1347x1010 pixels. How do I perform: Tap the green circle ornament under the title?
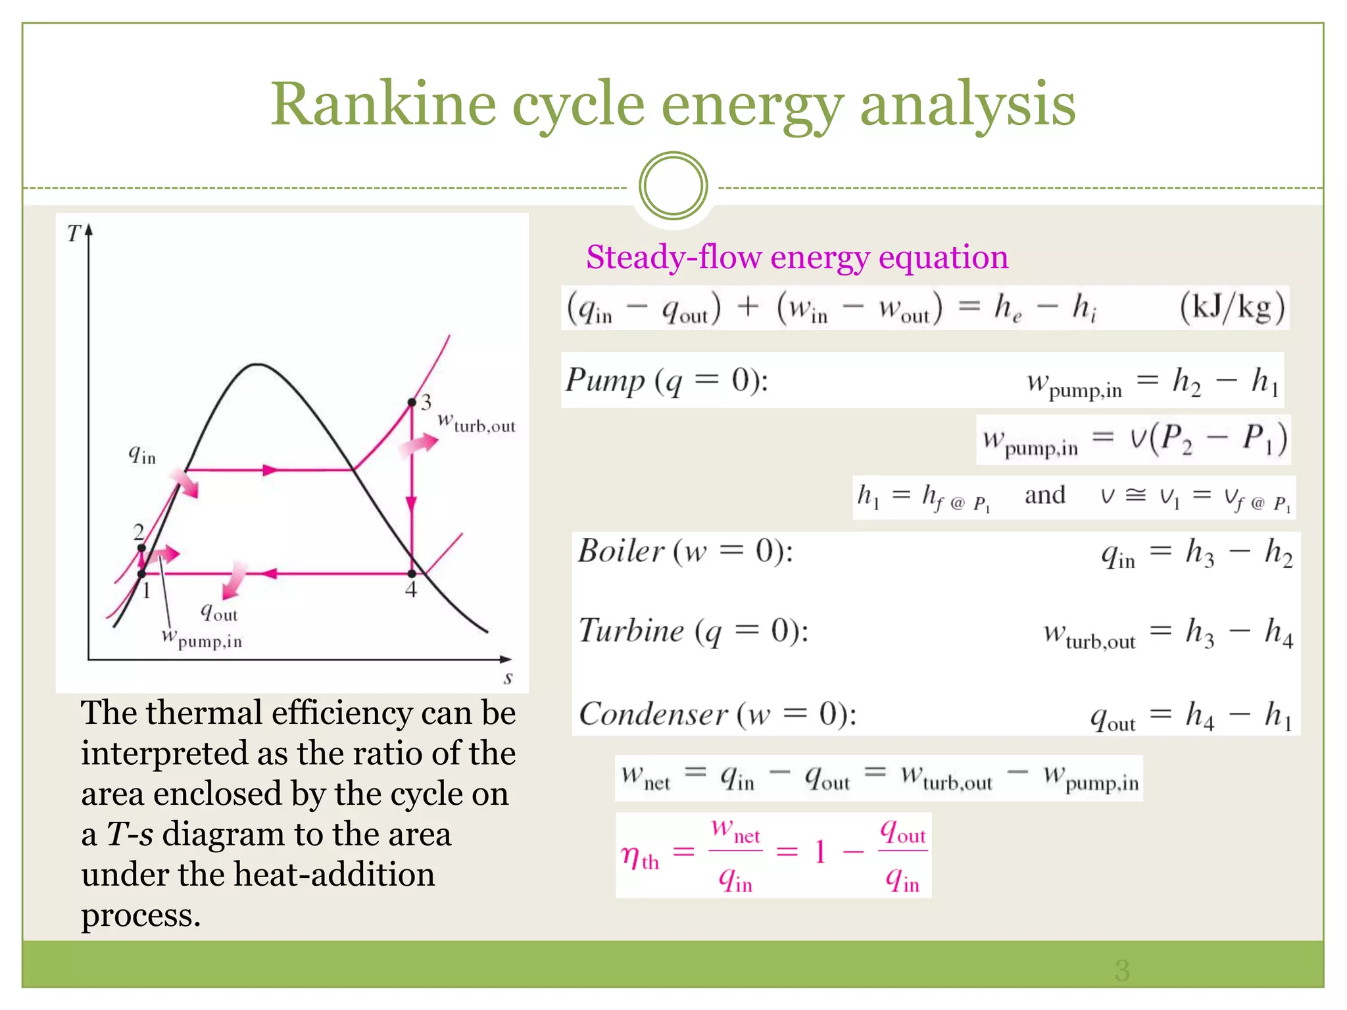click(673, 186)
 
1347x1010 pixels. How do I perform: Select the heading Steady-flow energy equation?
click(797, 256)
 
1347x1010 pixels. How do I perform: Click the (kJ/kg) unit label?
click(1231, 307)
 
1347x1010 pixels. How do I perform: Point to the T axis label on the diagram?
click(74, 233)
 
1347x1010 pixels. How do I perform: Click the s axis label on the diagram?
click(508, 677)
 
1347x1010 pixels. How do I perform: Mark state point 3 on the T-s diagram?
click(412, 402)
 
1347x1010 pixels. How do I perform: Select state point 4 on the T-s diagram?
click(412, 574)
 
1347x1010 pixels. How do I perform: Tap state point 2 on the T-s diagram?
click(141, 548)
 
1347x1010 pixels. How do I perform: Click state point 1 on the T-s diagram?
click(141, 574)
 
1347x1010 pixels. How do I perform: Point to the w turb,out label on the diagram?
click(476, 423)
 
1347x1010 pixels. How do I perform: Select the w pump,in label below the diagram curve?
click(202, 638)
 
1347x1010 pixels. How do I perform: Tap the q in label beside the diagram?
click(142, 454)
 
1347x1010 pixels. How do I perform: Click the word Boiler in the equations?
click(621, 551)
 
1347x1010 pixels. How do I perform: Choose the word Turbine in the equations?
click(631, 631)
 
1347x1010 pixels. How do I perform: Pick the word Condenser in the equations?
click(653, 714)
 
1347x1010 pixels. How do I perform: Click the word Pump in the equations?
click(605, 380)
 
